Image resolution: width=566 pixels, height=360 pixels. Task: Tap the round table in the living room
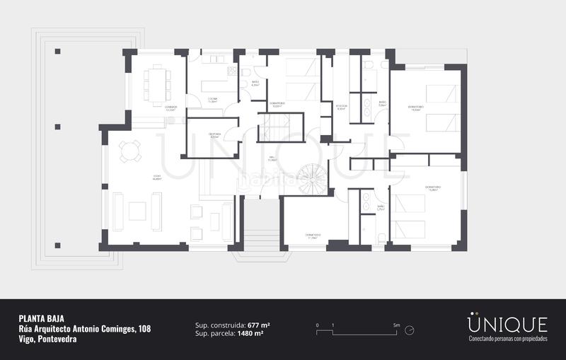129,151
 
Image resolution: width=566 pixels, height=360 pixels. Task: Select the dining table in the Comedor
156,84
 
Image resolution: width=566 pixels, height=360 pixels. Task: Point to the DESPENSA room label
214,134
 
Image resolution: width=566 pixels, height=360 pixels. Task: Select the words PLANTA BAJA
42,318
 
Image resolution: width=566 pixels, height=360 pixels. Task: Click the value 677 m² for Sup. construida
258,325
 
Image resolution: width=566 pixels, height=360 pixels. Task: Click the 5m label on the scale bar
397,325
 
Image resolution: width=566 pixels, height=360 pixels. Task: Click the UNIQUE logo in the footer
507,324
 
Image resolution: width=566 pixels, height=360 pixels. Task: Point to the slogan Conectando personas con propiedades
507,339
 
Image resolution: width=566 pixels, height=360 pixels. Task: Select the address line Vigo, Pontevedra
47,339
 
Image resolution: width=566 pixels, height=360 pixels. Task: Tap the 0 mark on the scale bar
318,325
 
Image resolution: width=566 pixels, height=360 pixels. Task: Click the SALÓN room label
156,178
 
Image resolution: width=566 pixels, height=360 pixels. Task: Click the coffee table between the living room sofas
137,211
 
